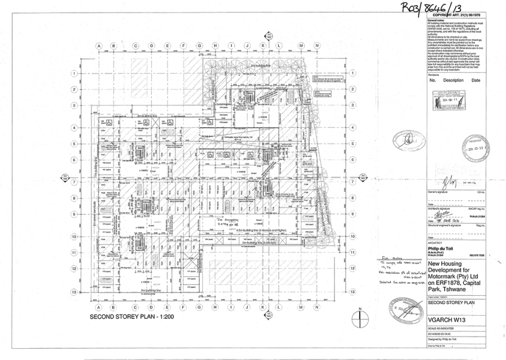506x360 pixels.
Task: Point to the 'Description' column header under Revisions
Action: (453, 80)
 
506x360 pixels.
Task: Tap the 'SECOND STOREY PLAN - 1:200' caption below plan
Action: (130, 317)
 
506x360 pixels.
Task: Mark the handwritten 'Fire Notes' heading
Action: (388, 261)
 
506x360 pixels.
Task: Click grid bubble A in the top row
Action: (98, 46)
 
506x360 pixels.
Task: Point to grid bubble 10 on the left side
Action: (74, 237)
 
